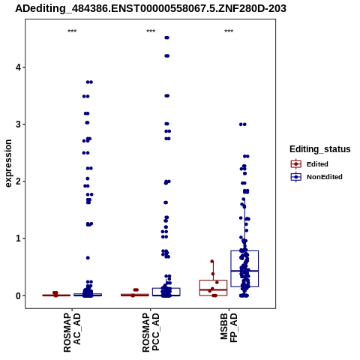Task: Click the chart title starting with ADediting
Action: [x=151, y=8]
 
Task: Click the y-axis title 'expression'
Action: [x=8, y=163]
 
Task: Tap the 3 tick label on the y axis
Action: [x=18, y=124]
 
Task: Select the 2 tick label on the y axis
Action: [x=18, y=181]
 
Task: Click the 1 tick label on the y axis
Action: [x=18, y=238]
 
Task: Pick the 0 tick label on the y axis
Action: [x=18, y=295]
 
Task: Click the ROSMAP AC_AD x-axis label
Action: [x=72, y=332]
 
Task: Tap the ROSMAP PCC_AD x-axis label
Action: [x=151, y=332]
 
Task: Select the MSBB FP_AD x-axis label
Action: [x=229, y=328]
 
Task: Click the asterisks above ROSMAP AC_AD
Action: [x=72, y=31]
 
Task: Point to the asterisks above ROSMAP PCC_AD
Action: [x=151, y=31]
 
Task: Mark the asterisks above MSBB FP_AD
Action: [x=229, y=31]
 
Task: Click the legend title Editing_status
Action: [x=320, y=149]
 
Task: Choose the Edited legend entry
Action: [x=310, y=164]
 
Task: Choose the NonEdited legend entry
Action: [x=316, y=177]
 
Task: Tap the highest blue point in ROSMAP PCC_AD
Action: [x=166, y=37]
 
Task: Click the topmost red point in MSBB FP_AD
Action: [x=212, y=262]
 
